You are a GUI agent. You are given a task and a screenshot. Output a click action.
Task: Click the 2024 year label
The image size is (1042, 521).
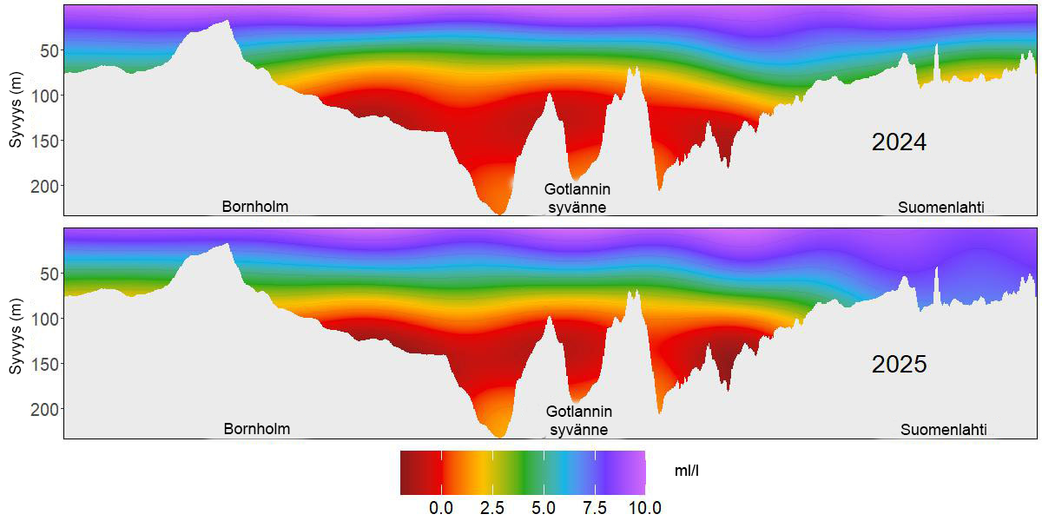(899, 142)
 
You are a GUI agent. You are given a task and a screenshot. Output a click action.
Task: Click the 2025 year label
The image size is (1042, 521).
(899, 365)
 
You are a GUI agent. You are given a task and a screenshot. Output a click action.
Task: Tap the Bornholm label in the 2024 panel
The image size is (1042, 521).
(255, 207)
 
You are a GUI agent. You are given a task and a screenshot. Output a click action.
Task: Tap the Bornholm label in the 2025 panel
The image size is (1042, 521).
(257, 429)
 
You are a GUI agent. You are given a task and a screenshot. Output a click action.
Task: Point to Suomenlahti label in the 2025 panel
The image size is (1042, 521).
(943, 429)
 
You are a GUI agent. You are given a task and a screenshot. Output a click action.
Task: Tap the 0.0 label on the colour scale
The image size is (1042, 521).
(441, 508)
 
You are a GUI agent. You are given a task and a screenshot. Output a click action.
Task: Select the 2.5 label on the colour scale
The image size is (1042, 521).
(492, 508)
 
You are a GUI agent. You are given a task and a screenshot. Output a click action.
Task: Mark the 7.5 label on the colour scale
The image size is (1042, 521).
(594, 508)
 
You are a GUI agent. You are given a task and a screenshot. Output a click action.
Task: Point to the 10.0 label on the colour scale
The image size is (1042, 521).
(643, 508)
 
